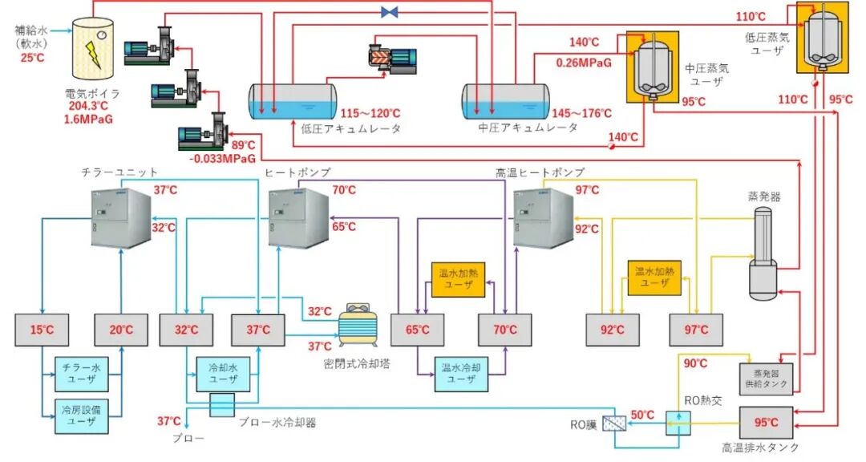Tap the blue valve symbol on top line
[x=391, y=12]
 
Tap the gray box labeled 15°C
[x=41, y=330]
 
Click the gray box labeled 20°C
[x=121, y=330]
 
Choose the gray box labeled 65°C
[x=417, y=330]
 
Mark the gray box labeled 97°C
[x=696, y=330]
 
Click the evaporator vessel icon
[x=768, y=257]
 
